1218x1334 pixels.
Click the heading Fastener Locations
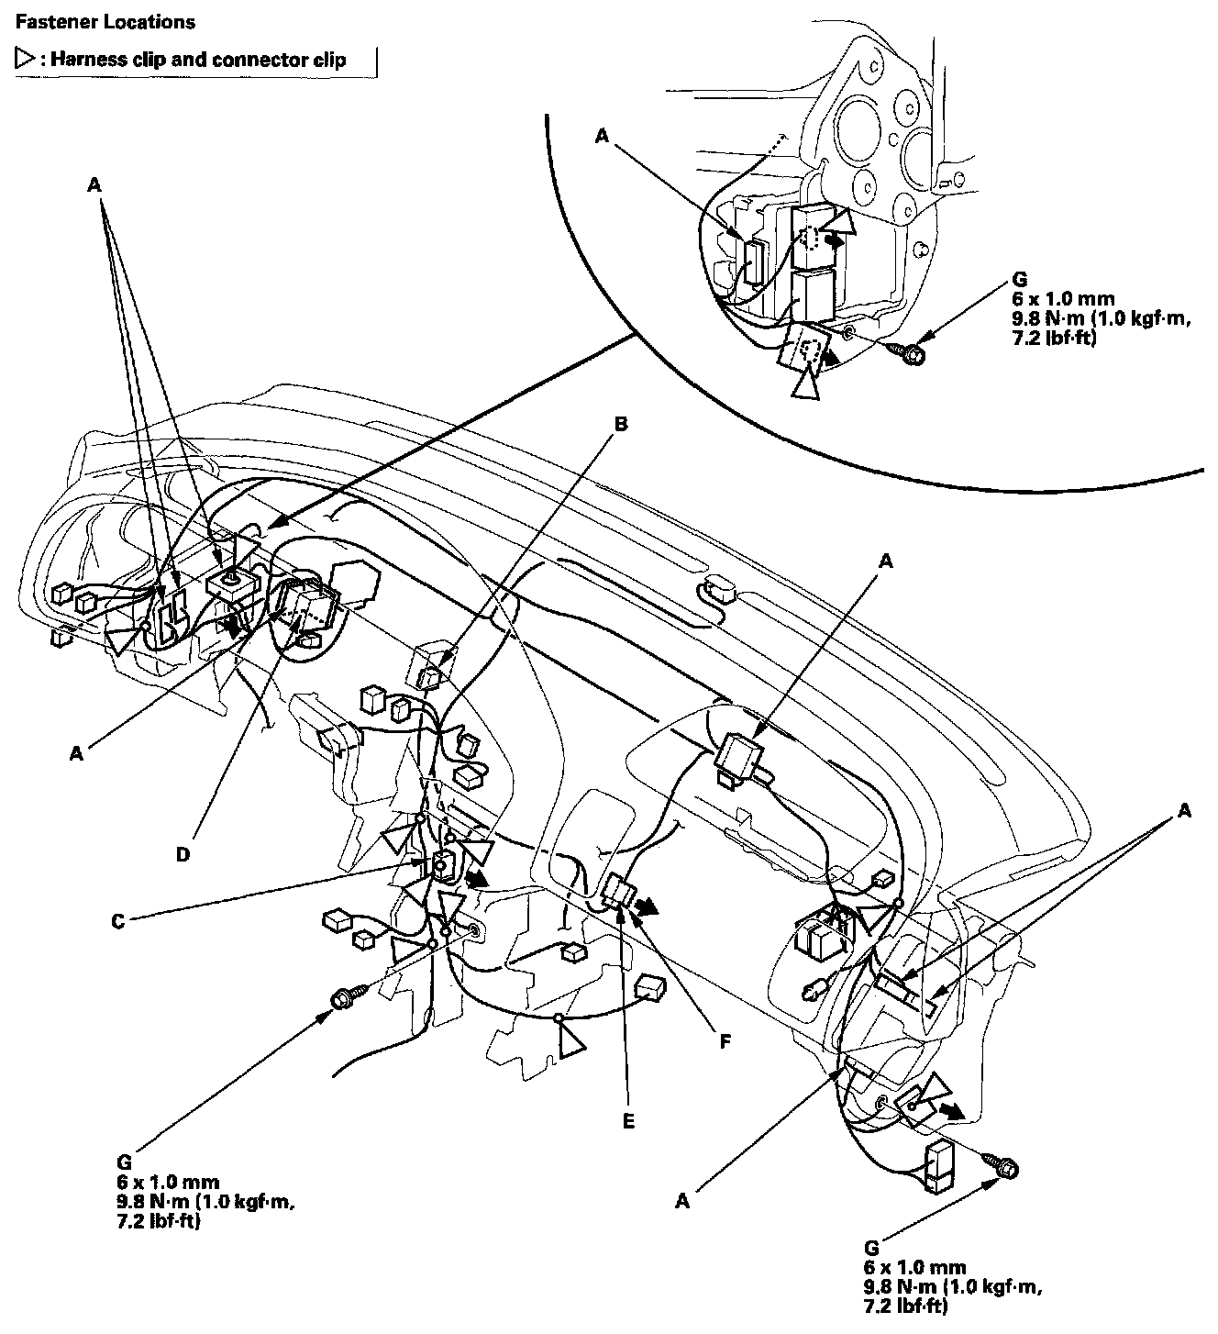point(105,21)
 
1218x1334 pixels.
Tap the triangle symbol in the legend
point(24,61)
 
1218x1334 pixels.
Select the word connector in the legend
point(258,61)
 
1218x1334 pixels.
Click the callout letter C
point(117,919)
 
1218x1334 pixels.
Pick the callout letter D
point(183,854)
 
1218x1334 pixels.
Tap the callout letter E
point(627,1120)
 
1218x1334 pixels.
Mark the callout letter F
point(725,1042)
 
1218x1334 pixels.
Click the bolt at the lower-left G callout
point(348,997)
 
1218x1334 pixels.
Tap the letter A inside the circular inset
point(602,136)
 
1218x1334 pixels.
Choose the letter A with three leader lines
point(94,184)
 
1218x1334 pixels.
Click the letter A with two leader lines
point(1185,810)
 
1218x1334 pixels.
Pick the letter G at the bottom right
point(871,1249)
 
